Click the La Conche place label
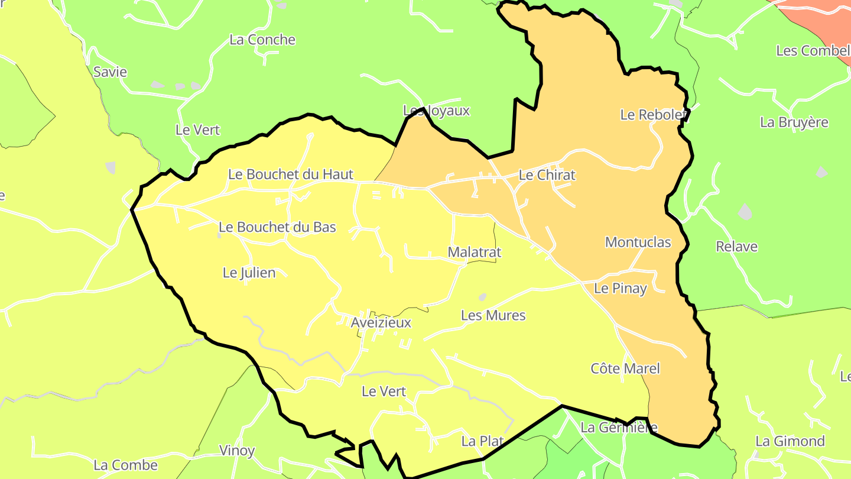click(x=262, y=40)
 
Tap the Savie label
click(x=110, y=72)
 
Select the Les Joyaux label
click(x=436, y=111)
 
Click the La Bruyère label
click(x=794, y=122)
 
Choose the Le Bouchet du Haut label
click(x=291, y=174)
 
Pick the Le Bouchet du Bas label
click(x=277, y=227)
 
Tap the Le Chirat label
click(x=547, y=175)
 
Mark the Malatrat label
click(x=474, y=252)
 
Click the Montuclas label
click(x=638, y=242)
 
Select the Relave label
click(x=736, y=247)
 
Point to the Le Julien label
click(x=249, y=273)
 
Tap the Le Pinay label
click(x=621, y=289)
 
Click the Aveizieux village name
click(x=381, y=323)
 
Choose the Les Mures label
click(x=493, y=315)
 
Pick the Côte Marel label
click(x=625, y=368)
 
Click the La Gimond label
click(x=790, y=441)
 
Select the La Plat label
click(x=482, y=441)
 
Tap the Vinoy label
click(x=237, y=451)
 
